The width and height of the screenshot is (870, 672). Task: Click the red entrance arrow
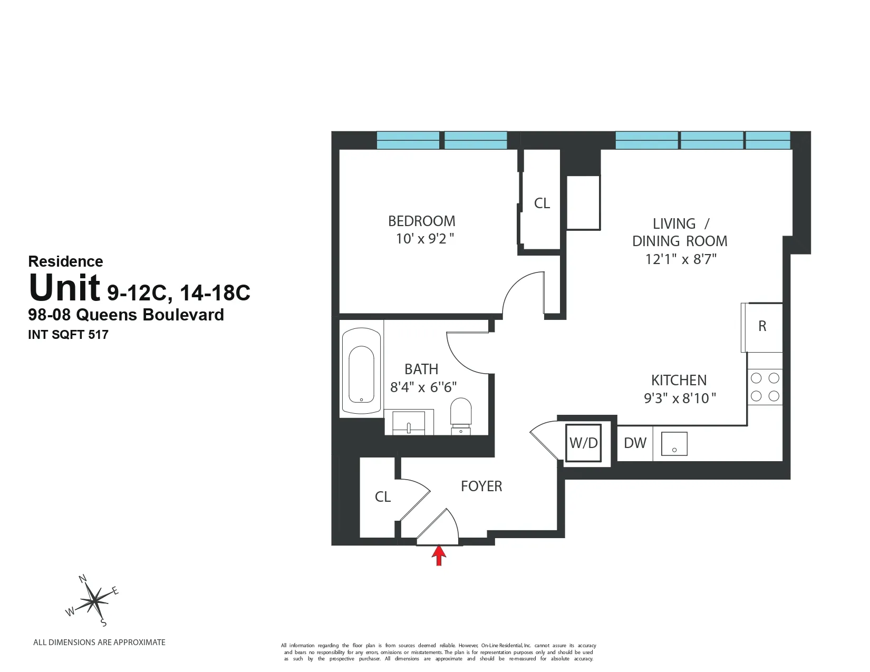pos(439,556)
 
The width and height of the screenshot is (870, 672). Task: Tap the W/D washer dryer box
pos(583,443)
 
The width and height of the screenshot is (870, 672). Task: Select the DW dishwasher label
pos(635,443)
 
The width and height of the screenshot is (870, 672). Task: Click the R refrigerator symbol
pos(762,327)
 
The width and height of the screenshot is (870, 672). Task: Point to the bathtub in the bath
pos(362,372)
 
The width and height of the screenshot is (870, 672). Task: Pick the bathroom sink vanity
pos(409,423)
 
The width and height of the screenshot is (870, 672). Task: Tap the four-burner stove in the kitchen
pos(765,387)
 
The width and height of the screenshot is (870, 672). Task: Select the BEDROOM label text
pos(422,221)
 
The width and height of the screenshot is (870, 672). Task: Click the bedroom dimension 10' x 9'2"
pos(425,239)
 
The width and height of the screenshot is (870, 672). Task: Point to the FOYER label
pos(481,486)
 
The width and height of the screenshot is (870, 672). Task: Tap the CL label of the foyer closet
pos(383,497)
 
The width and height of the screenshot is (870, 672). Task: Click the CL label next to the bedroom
pos(542,203)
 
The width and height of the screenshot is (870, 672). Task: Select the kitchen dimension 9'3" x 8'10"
pos(680,398)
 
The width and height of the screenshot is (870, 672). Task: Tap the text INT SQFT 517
pos(68,335)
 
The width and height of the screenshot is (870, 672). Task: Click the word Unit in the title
pos(64,288)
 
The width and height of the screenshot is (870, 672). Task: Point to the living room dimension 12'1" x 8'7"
pos(681,259)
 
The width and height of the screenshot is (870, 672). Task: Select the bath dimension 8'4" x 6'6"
pos(423,387)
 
